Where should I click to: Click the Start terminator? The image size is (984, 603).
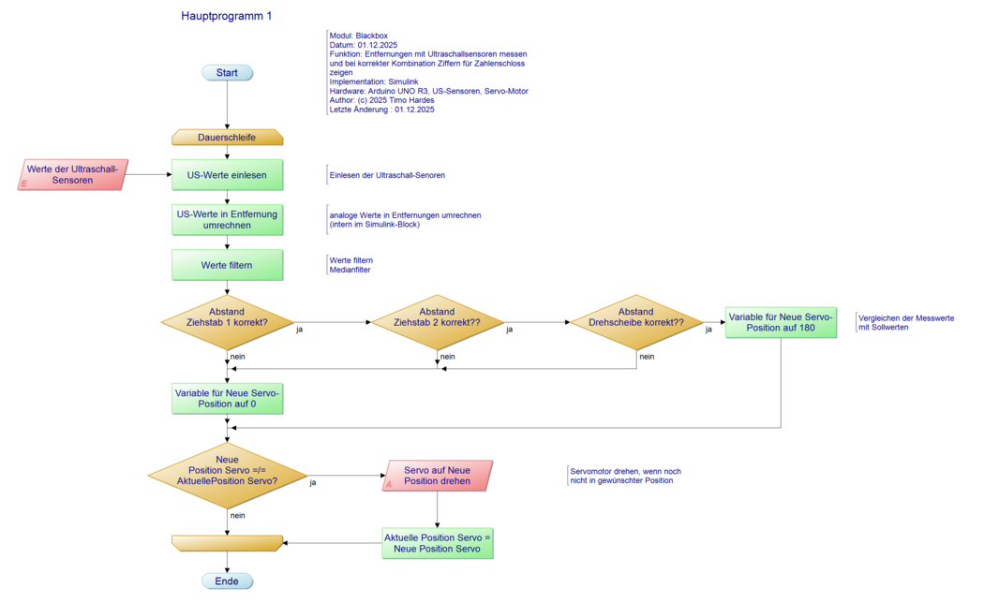(227, 73)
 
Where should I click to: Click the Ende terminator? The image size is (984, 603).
(227, 581)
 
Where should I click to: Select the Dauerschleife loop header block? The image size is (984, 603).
(227, 138)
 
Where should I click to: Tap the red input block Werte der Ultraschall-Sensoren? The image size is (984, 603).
(73, 174)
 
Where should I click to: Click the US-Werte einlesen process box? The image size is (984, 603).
(227, 175)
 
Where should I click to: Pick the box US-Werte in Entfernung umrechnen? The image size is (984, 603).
(227, 220)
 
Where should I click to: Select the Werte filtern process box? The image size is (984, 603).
(227, 265)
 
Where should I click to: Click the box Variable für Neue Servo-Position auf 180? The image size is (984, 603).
(781, 323)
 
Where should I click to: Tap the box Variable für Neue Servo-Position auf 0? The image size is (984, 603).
(227, 398)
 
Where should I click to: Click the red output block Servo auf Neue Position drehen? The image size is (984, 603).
(437, 475)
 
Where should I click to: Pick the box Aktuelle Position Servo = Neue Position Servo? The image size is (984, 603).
(437, 543)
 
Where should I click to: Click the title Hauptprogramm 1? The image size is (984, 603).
(227, 16)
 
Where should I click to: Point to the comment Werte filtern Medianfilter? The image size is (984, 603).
(351, 265)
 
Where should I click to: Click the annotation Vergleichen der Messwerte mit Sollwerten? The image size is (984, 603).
(906, 323)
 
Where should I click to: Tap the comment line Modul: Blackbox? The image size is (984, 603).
(358, 36)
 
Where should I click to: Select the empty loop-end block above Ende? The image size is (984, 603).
(227, 543)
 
